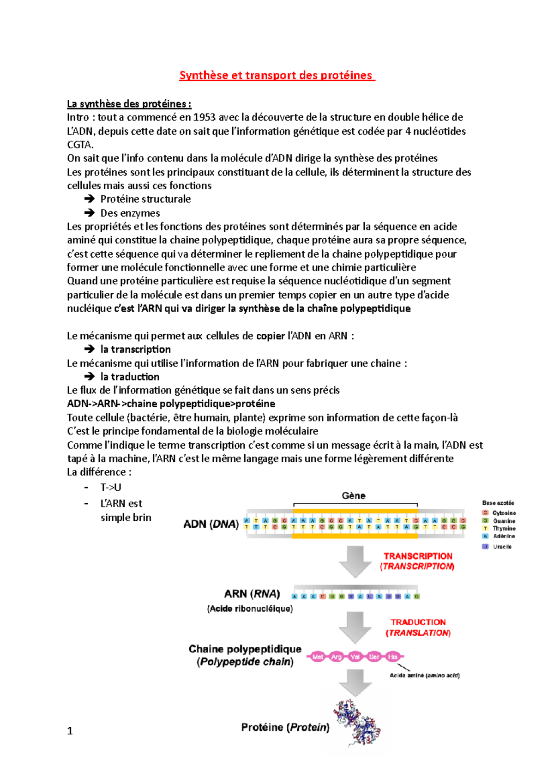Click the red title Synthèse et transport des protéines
coord(277,76)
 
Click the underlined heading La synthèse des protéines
coord(129,104)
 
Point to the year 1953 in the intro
coord(205,117)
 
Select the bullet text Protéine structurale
coord(145,199)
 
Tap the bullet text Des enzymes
coord(130,213)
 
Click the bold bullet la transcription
coord(136,350)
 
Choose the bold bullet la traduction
coord(130,377)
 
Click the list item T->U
coord(111,488)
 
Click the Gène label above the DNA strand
coord(354,496)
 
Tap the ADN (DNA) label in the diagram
coord(211,525)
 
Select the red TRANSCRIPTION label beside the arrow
coord(418,556)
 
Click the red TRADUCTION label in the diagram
coord(418,622)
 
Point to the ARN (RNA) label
coord(252,594)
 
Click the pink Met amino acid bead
coord(318,657)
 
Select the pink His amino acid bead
coord(392,657)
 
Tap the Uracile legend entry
coord(502,547)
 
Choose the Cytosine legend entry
coord(504,513)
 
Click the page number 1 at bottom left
coord(70,731)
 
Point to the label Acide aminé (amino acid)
coord(424,675)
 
